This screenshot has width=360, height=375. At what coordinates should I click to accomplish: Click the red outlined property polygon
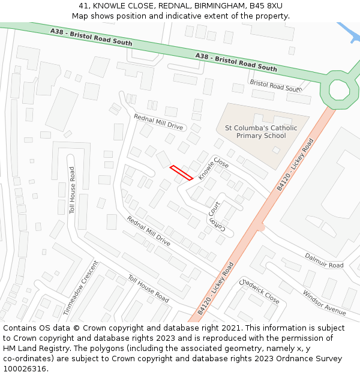tap(181, 173)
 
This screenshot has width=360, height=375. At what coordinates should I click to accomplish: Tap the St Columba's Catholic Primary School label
tap(260, 131)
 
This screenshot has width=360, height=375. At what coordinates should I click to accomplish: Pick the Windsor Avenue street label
tap(324, 303)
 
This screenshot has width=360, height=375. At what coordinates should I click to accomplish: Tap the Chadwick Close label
tap(259, 290)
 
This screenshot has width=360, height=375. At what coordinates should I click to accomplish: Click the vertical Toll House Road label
tap(72, 190)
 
